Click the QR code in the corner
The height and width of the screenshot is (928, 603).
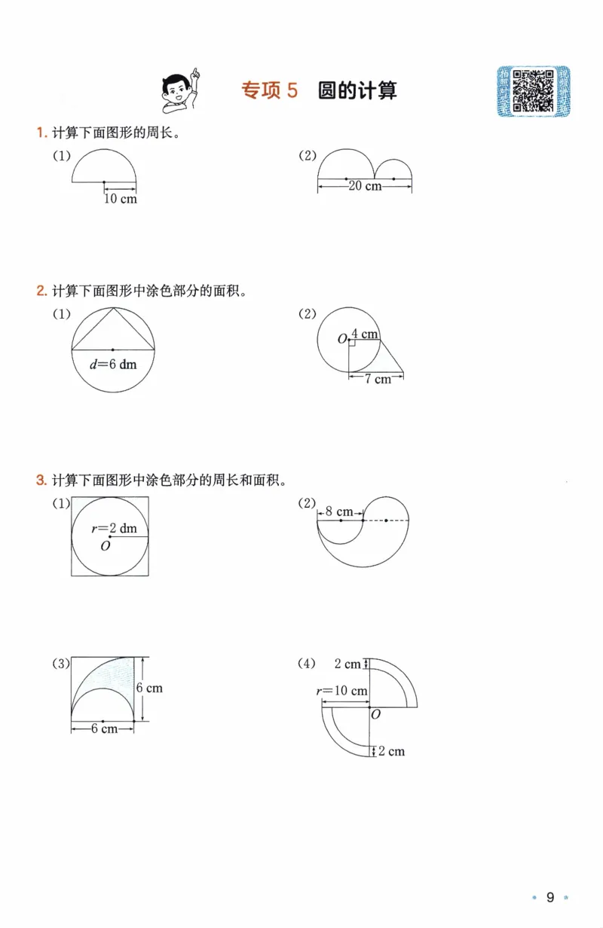533,91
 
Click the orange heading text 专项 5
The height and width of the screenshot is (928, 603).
270,91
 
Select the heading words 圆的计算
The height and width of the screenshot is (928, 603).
357,91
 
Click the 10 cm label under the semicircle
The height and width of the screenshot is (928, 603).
121,200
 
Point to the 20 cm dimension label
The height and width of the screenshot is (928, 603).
365,186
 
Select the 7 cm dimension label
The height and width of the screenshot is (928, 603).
378,379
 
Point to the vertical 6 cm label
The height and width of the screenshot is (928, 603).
149,688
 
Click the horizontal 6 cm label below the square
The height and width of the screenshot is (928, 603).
103,728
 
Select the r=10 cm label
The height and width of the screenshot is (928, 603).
342,691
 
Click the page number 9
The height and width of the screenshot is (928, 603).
550,897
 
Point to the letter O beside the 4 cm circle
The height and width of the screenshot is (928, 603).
342,340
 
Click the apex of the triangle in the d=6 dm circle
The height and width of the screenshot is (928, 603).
113,308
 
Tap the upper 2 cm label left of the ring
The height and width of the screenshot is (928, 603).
347,664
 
